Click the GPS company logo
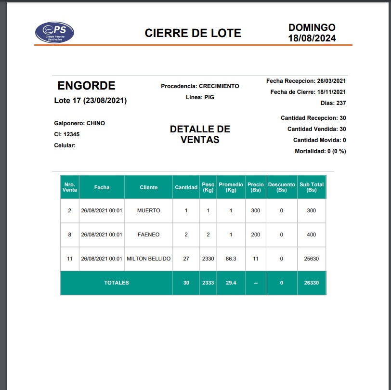click(x=54, y=32)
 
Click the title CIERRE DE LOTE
click(x=193, y=33)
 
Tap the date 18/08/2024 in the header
click(x=312, y=38)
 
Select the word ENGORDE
click(x=86, y=86)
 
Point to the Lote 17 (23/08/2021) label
click(x=91, y=101)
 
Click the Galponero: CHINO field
click(x=79, y=123)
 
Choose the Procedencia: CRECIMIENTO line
click(x=200, y=86)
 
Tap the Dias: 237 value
click(x=333, y=103)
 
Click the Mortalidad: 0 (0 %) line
click(x=320, y=151)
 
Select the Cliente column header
click(x=148, y=187)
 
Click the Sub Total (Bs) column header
click(x=312, y=187)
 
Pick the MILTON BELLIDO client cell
click(x=148, y=259)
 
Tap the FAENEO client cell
click(x=148, y=234)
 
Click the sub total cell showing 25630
click(x=312, y=259)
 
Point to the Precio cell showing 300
click(x=256, y=210)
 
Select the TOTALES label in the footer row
click(x=117, y=283)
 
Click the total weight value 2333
click(x=208, y=283)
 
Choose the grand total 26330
click(x=312, y=283)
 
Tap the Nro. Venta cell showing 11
click(x=69, y=259)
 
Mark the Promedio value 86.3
click(x=231, y=259)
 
